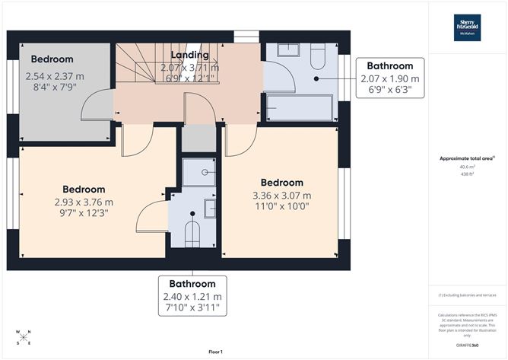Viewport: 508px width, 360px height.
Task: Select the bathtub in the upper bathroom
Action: [299, 108]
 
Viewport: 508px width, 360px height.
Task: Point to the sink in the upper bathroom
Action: [288, 51]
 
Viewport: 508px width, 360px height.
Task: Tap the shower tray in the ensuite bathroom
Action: [199, 172]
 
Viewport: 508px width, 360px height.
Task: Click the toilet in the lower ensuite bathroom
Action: [192, 232]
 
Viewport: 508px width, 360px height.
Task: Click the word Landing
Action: [189, 56]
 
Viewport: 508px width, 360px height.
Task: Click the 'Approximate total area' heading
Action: [467, 158]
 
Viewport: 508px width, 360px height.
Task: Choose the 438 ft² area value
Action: [467, 174]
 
